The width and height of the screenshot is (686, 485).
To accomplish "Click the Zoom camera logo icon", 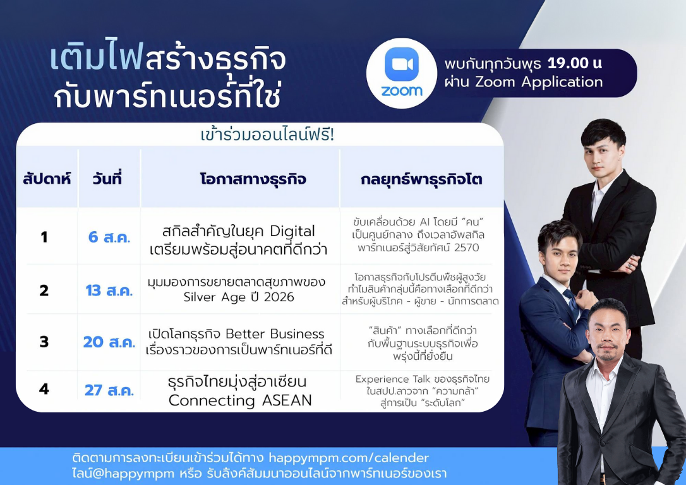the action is pyautogui.click(x=402, y=64).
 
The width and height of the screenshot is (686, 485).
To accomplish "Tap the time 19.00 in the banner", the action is pyautogui.click(x=567, y=63).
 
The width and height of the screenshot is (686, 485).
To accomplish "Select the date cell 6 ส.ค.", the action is pyautogui.click(x=109, y=237).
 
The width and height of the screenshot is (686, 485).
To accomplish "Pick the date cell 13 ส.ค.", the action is pyautogui.click(x=109, y=290).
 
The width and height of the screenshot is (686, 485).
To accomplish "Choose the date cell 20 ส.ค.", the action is pyautogui.click(x=109, y=342).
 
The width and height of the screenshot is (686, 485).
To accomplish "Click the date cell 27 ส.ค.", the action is pyautogui.click(x=109, y=390).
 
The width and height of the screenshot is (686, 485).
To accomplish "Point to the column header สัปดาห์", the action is pyautogui.click(x=47, y=179).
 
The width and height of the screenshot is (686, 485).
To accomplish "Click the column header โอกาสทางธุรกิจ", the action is pyautogui.click(x=253, y=179).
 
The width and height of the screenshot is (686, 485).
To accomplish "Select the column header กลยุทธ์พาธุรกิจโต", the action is pyautogui.click(x=421, y=179).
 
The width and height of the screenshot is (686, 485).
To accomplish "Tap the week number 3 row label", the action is pyautogui.click(x=44, y=342).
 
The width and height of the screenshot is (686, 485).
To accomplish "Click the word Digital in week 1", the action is pyautogui.click(x=292, y=231).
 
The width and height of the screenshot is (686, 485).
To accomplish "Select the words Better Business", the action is pyautogui.click(x=275, y=334).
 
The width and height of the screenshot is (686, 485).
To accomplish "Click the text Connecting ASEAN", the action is pyautogui.click(x=240, y=400).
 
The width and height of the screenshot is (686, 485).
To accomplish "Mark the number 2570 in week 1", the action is pyautogui.click(x=466, y=248).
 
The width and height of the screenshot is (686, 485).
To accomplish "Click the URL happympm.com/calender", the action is pyautogui.click(x=349, y=458).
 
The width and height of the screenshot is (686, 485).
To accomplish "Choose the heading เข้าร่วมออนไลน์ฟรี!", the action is pyautogui.click(x=267, y=135).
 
